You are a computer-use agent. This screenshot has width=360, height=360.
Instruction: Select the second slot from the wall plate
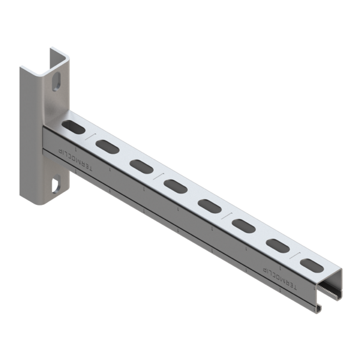[107, 145]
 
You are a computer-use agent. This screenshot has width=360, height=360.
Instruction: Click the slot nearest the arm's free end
[310, 265]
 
